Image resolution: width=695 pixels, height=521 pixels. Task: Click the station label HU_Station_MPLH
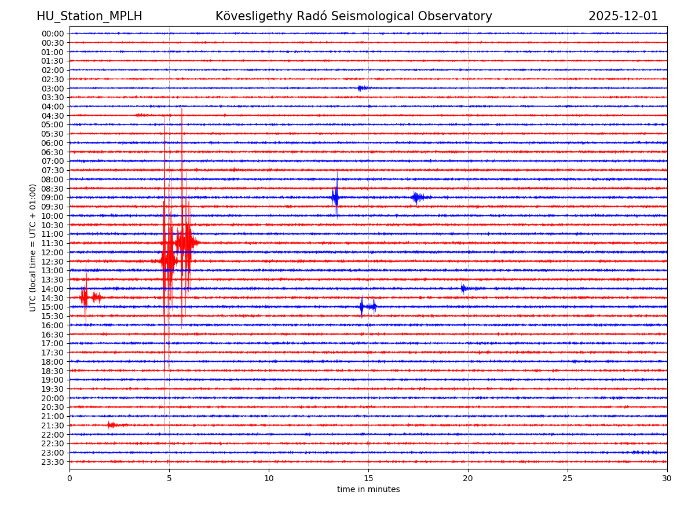(x=89, y=16)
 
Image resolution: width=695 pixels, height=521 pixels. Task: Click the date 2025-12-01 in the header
(x=623, y=16)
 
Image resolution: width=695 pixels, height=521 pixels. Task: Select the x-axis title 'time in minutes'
(x=368, y=490)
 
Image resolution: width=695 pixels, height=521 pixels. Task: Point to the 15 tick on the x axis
(x=368, y=479)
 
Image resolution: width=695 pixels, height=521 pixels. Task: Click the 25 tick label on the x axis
(x=568, y=479)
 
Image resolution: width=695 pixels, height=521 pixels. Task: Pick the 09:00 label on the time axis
(x=53, y=197)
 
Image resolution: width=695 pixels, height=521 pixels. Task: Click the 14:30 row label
(x=53, y=298)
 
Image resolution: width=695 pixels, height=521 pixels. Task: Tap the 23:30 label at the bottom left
(x=53, y=462)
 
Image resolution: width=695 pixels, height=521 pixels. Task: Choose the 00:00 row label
(x=53, y=34)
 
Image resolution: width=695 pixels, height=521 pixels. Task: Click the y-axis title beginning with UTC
(x=33, y=247)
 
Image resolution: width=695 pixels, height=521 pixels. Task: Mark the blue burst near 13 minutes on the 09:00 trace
(x=335, y=197)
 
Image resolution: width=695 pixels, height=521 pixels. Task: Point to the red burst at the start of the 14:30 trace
(x=85, y=298)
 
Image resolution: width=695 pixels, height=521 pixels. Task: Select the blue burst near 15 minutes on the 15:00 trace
(x=367, y=307)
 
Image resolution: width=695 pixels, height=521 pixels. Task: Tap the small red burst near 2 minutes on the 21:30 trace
(x=111, y=425)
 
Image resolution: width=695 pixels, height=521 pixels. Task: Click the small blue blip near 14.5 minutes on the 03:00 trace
(x=361, y=88)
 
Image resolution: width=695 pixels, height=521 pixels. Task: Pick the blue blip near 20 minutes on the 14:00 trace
(x=463, y=288)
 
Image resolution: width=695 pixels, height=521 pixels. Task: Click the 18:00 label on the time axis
(x=53, y=362)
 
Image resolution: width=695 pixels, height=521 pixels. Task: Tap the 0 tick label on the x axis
(x=69, y=479)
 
